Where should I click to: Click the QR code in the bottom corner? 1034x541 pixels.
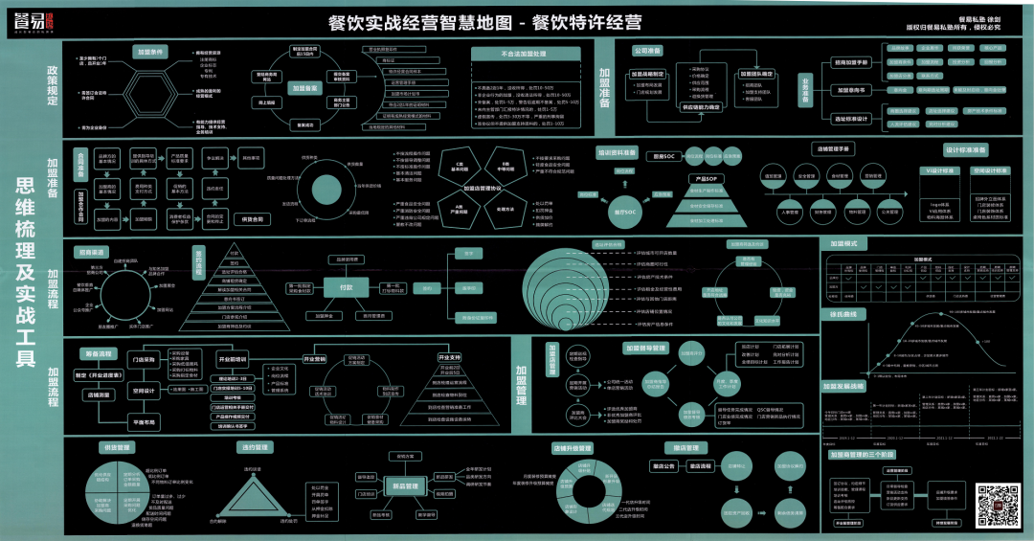pos(996,504)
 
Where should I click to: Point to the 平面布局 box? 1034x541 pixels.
pos(144,420)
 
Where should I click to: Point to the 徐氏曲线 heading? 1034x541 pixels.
pos(843,314)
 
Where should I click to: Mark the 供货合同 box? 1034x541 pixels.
pos(253,219)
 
